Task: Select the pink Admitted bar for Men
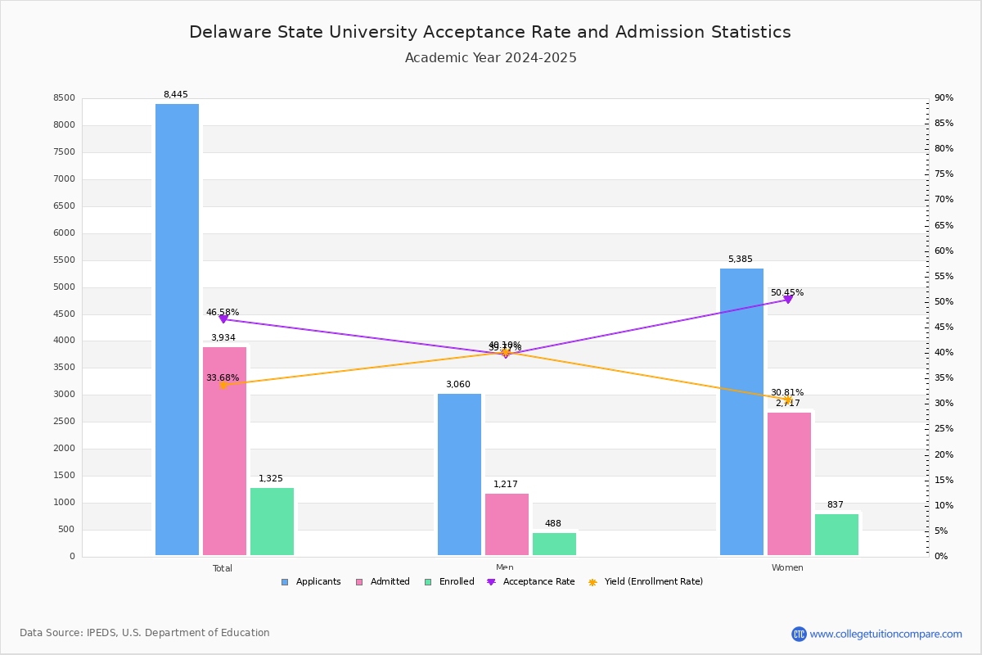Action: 507,524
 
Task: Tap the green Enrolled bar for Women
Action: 836,534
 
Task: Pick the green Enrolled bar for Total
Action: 272,522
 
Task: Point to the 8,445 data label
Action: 176,94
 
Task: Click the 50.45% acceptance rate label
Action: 787,292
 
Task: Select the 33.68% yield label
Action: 223,377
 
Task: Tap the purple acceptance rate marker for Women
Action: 788,300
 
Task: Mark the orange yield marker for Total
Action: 223,385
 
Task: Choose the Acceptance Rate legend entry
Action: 531,582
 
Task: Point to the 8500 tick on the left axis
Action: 64,98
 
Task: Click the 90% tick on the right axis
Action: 944,98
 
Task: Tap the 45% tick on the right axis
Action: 944,327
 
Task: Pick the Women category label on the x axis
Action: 787,567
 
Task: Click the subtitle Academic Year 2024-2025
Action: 491,58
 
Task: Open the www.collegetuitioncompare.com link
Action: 885,634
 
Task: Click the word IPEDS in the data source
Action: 101,633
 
